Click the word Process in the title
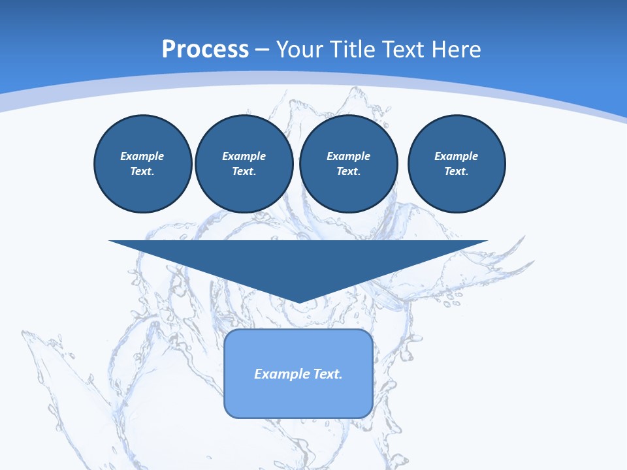(x=205, y=50)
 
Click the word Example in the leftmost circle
(x=142, y=156)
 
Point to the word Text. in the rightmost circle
(x=457, y=172)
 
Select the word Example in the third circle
(x=349, y=156)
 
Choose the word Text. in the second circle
(x=244, y=172)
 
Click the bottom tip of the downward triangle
(x=298, y=302)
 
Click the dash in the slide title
(x=263, y=50)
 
